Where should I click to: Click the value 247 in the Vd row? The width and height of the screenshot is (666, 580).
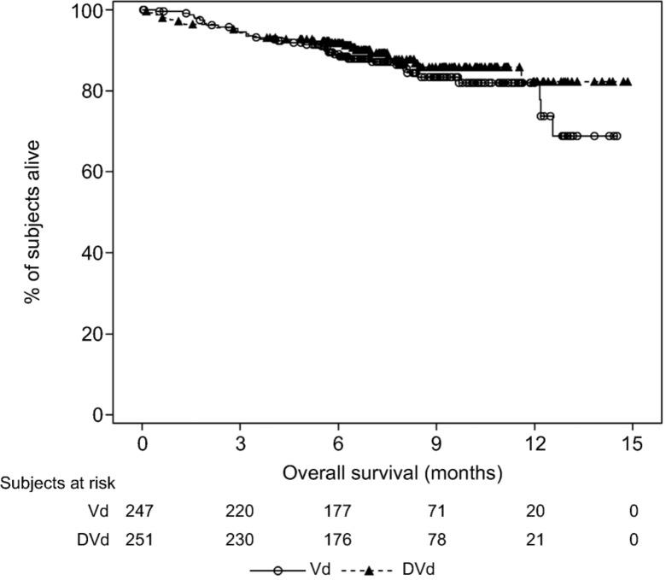click(x=142, y=511)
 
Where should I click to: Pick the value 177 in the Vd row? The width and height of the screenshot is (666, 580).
click(x=338, y=511)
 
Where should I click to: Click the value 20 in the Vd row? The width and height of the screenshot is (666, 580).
click(x=535, y=511)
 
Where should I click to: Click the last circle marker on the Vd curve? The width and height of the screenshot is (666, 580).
click(x=616, y=136)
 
